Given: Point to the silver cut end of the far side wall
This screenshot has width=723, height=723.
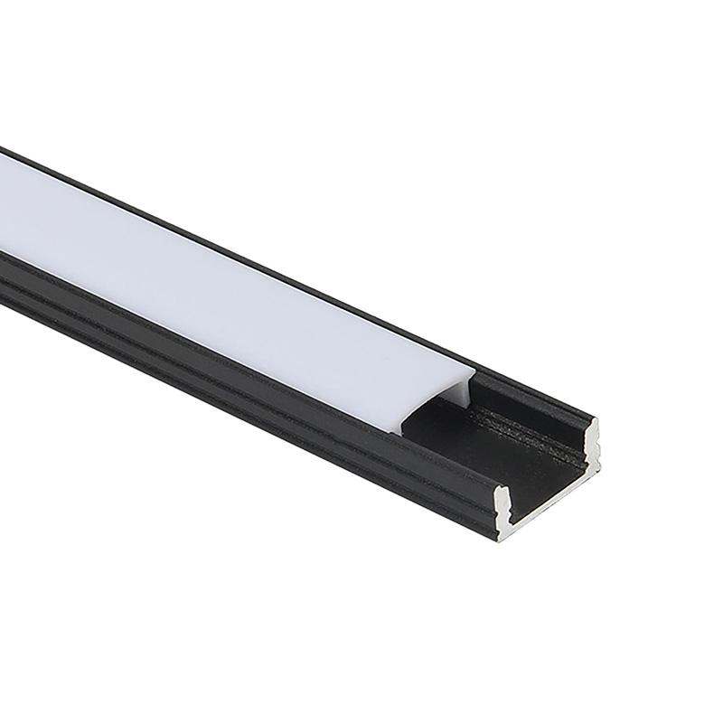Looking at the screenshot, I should pyautogui.click(x=591, y=443).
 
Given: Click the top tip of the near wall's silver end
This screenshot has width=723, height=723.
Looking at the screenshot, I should pyautogui.click(x=501, y=493).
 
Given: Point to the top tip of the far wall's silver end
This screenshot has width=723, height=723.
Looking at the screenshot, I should pyautogui.click(x=592, y=421).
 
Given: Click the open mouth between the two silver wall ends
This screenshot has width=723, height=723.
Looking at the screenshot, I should pyautogui.click(x=547, y=465).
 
